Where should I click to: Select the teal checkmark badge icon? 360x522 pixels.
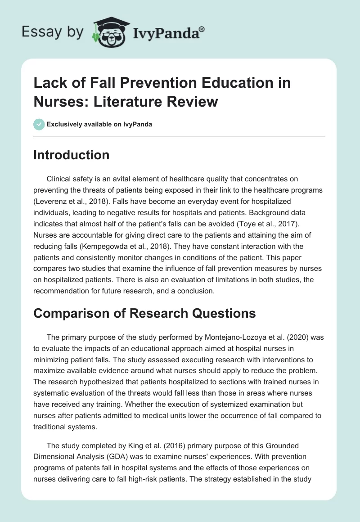39,124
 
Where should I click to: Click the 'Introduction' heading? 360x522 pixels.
71,155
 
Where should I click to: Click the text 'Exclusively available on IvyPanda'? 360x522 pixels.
100,124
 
